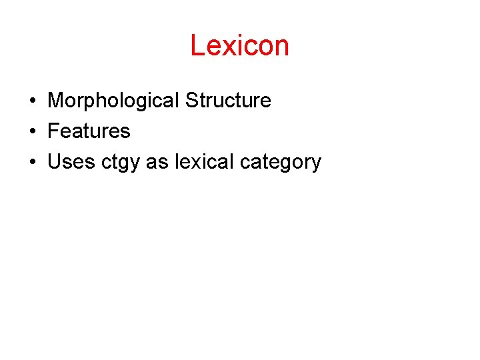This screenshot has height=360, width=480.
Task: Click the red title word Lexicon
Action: pos(239,46)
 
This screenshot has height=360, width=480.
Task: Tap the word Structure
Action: pos(228,101)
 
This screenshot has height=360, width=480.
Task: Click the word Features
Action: pos(89,131)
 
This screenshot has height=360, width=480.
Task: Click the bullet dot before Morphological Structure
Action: pos(32,101)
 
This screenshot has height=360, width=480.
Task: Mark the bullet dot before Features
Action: pos(32,132)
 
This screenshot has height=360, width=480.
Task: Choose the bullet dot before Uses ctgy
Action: pos(32,163)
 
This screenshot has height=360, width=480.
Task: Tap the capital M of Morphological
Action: pos(55,101)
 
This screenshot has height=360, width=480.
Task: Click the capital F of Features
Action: pos(53,131)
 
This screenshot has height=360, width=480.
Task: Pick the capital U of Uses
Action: pos(55,162)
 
